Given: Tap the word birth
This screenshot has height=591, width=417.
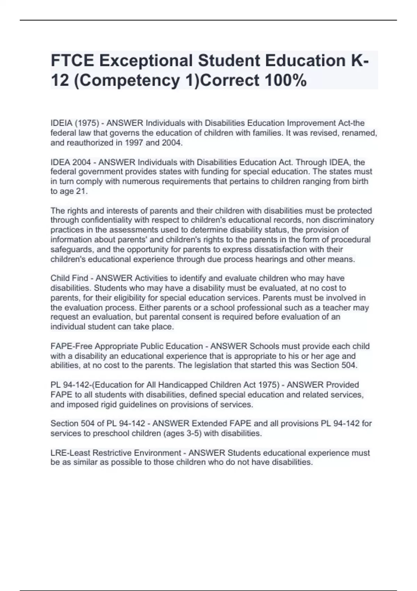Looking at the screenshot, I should pos(358,181).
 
